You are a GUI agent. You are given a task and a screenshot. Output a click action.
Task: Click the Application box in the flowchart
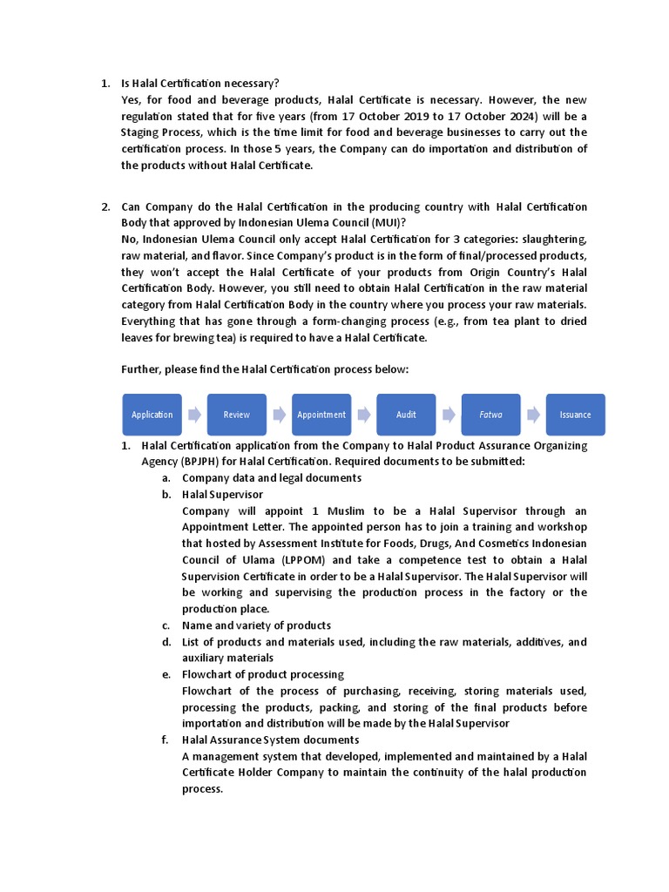[x=152, y=415]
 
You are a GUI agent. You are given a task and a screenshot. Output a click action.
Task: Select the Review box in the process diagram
[x=236, y=415]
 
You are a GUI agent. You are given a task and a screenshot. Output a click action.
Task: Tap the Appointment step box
[x=321, y=415]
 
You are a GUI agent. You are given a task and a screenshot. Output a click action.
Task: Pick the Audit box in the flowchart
[x=406, y=415]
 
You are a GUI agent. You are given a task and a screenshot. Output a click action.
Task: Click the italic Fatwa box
[x=490, y=415]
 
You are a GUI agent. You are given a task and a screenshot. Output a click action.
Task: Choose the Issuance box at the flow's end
[x=575, y=415]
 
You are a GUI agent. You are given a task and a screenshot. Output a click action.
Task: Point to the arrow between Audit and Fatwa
[x=449, y=415]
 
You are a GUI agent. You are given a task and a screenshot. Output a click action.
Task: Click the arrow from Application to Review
[x=194, y=415]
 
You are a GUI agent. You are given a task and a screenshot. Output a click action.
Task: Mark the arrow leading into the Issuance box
[x=533, y=415]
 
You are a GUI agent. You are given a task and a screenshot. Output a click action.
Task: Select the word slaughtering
[x=554, y=239]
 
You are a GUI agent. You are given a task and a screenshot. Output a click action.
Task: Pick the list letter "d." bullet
[x=166, y=642]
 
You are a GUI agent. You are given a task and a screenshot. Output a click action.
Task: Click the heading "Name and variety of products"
[x=256, y=625]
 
